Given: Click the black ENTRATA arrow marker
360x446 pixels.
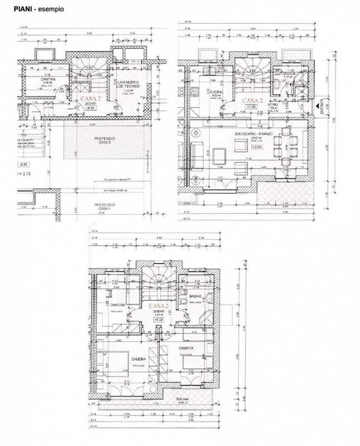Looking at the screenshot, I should click(x=317, y=105).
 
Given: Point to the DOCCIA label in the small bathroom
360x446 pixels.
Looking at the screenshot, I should click(x=289, y=74).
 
